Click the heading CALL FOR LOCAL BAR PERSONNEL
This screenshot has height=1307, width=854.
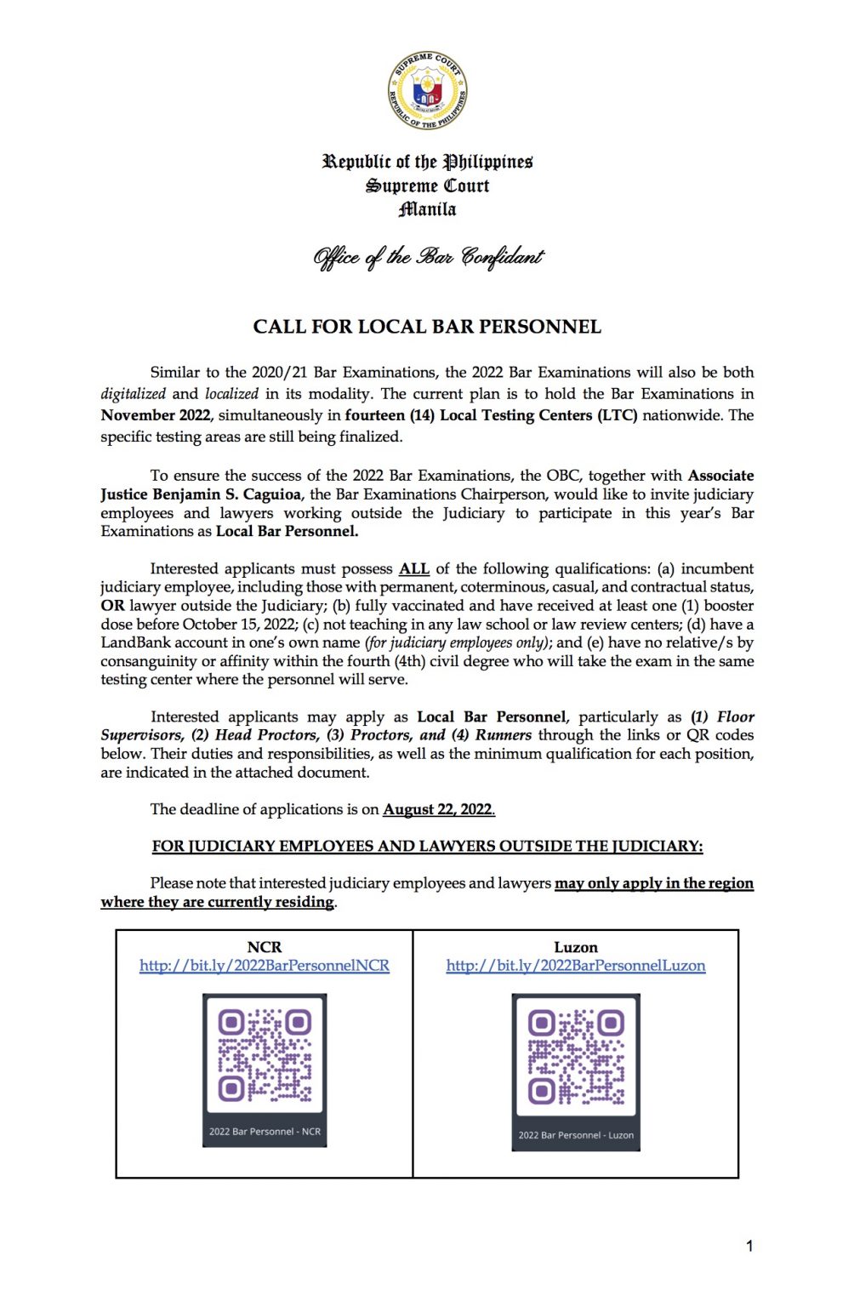[427, 327]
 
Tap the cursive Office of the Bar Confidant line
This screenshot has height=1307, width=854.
[427, 256]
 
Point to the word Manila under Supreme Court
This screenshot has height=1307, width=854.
[427, 209]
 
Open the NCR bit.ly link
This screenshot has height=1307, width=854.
[265, 966]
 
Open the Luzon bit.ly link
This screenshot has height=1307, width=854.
[576, 966]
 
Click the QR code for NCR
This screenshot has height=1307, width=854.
[265, 1055]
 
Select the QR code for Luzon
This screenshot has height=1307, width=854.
[576, 1055]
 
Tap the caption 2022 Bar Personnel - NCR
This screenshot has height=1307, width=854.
[265, 1132]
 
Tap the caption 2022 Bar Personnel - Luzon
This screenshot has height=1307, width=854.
[576, 1135]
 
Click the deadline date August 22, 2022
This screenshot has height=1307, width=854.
[439, 809]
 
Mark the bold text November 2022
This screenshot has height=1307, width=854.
[155, 415]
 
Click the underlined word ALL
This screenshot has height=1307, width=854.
[414, 568]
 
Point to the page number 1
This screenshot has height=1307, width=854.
[749, 1247]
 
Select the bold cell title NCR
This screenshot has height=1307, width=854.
[265, 947]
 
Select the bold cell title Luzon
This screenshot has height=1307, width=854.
[576, 947]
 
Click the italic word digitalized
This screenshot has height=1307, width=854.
[134, 394]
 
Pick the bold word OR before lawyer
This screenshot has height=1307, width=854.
[112, 606]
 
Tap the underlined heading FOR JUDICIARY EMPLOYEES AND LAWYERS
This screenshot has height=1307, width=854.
[427, 846]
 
